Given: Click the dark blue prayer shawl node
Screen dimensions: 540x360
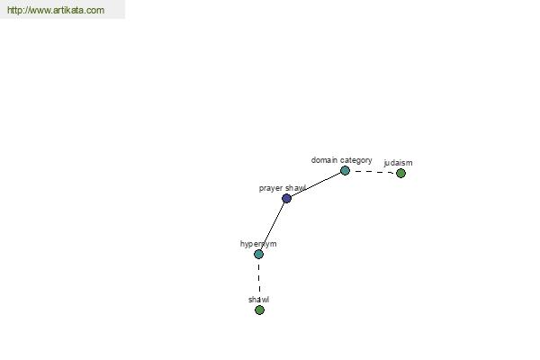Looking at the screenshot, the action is click(x=286, y=198).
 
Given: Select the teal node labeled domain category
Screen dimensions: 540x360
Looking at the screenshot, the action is click(x=345, y=170).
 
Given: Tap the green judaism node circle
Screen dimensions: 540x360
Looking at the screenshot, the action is click(x=400, y=174).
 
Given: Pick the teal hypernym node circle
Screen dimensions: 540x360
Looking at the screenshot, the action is click(x=258, y=254).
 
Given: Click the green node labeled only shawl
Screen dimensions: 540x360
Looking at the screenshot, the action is click(x=260, y=310).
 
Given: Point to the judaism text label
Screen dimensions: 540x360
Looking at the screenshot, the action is click(x=398, y=163).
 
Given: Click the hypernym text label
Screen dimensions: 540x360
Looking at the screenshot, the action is click(x=258, y=244).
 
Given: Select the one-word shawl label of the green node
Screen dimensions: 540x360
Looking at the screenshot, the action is click(x=258, y=300).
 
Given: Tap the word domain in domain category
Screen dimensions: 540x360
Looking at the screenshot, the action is click(x=324, y=160).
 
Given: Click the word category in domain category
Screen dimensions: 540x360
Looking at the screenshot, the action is click(x=356, y=160).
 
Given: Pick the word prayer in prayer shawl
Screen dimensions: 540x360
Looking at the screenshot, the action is click(x=271, y=188).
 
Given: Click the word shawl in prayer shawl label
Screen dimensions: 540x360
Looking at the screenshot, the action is click(x=295, y=188).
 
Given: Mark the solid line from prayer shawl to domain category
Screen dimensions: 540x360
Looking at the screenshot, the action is click(x=316, y=184).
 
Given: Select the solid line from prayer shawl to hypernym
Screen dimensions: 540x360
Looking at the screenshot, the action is click(x=273, y=226).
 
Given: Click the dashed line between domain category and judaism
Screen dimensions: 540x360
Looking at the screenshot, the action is click(x=373, y=172).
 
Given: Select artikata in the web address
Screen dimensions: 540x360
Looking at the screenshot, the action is click(x=68, y=10).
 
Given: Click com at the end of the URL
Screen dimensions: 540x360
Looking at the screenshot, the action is click(x=95, y=10).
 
